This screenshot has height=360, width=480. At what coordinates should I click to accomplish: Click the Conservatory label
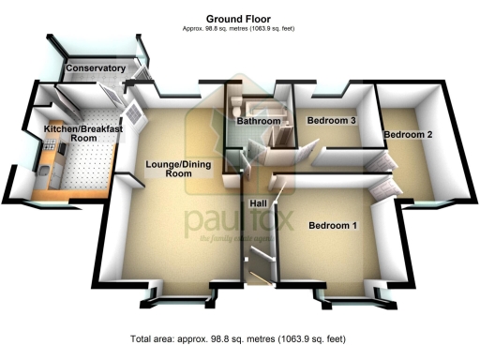[x=96, y=69]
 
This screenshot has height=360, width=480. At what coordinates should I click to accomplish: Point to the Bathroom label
[x=258, y=122]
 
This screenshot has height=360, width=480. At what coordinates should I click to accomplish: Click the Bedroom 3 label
[x=333, y=121]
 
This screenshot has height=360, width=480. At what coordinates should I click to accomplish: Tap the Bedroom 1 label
[x=333, y=226]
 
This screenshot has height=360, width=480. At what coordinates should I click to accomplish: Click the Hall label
[x=260, y=203]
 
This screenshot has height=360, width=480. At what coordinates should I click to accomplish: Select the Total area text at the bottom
[x=239, y=337]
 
